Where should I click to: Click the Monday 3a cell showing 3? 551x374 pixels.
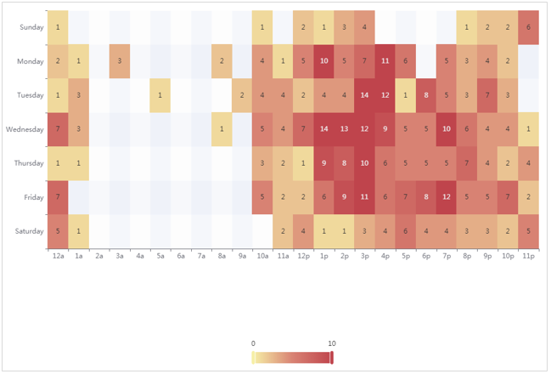119,60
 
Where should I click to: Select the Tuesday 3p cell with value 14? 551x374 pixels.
364,94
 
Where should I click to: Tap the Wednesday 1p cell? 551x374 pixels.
323,128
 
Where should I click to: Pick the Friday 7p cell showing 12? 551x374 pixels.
447,196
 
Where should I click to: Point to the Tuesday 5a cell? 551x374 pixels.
160,94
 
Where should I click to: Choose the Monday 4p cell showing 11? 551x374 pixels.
385,60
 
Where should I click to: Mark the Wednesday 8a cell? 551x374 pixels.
222,128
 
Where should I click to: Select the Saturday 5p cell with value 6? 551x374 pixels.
406,230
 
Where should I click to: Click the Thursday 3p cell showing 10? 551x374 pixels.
364,162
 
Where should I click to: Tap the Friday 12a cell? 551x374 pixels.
57,196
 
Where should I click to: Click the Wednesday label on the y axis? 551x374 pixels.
24,128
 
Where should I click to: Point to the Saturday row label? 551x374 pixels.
27,230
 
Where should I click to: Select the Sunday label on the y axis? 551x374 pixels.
30,27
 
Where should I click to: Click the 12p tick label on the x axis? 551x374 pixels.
303,254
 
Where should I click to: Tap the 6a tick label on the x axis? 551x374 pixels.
180,254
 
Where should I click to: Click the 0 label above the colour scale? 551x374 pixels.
253,343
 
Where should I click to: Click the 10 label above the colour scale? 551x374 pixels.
331,343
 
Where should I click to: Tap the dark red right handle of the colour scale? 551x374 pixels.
332,357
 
